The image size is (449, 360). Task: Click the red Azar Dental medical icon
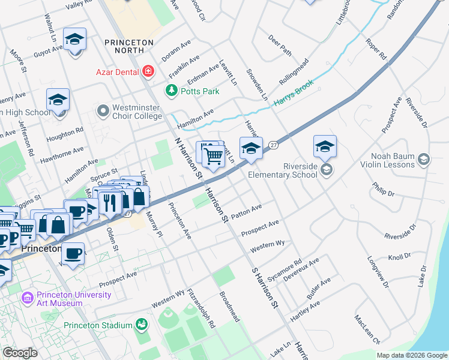coord(148,72)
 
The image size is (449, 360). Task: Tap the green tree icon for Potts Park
coord(172,90)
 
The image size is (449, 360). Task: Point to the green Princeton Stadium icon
coord(142,325)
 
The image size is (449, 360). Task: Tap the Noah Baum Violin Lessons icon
coord(424,159)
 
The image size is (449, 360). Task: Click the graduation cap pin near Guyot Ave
coord(74,40)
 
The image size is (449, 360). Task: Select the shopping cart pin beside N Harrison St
coord(213,155)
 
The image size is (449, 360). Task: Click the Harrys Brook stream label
coord(295,95)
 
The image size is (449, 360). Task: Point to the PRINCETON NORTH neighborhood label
coord(129,43)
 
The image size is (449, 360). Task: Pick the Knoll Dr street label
coord(399,257)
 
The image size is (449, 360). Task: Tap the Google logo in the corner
coord(20,353)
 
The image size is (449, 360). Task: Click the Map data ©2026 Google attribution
coord(412,355)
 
